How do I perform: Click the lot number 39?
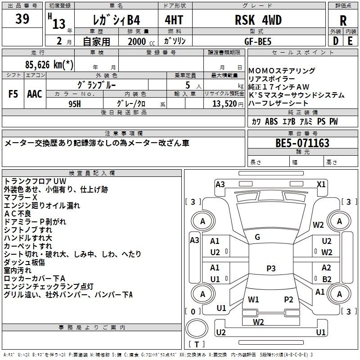(x=22, y=18)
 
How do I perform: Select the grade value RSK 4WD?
(x=258, y=20)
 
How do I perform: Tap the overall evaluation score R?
(x=343, y=21)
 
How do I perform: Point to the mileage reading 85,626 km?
(x=49, y=64)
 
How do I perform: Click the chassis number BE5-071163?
(x=302, y=143)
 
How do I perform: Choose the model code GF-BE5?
(x=258, y=41)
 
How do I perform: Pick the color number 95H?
(x=75, y=104)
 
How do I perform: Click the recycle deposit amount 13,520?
(x=225, y=104)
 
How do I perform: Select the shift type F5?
(x=13, y=94)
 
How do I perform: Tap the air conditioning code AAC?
(x=35, y=94)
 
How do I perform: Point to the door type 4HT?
(x=174, y=20)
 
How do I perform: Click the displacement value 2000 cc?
(x=141, y=41)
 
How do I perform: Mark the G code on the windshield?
(x=257, y=237)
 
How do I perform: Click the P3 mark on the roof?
(x=271, y=268)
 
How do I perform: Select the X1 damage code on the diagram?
(x=321, y=184)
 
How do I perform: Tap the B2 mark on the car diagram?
(x=327, y=279)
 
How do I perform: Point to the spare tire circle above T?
(x=197, y=328)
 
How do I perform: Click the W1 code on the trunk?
(x=253, y=299)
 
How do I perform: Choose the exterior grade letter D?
(x=336, y=41)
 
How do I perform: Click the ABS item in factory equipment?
(x=271, y=121)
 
